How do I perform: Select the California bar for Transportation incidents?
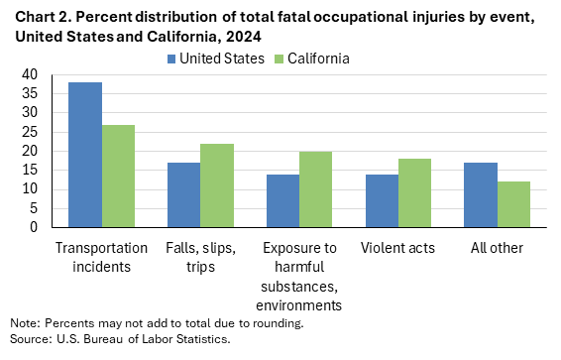[x=118, y=176]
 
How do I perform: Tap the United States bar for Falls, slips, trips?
[x=184, y=194]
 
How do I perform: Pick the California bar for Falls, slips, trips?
[x=217, y=185]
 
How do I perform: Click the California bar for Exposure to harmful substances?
[x=316, y=189]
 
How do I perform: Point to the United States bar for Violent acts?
[x=383, y=200]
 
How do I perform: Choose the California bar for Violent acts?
[x=415, y=192]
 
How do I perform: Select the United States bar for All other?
[x=482, y=194]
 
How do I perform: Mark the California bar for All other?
[x=514, y=204]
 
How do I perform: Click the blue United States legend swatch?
[x=171, y=59]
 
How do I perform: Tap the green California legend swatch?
[x=278, y=59]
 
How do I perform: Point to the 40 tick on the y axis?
[x=29, y=74]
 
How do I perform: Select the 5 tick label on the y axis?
[x=33, y=208]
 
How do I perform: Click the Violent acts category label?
[x=398, y=247]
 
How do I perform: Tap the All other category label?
[x=498, y=247]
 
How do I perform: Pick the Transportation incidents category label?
[x=101, y=256]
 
